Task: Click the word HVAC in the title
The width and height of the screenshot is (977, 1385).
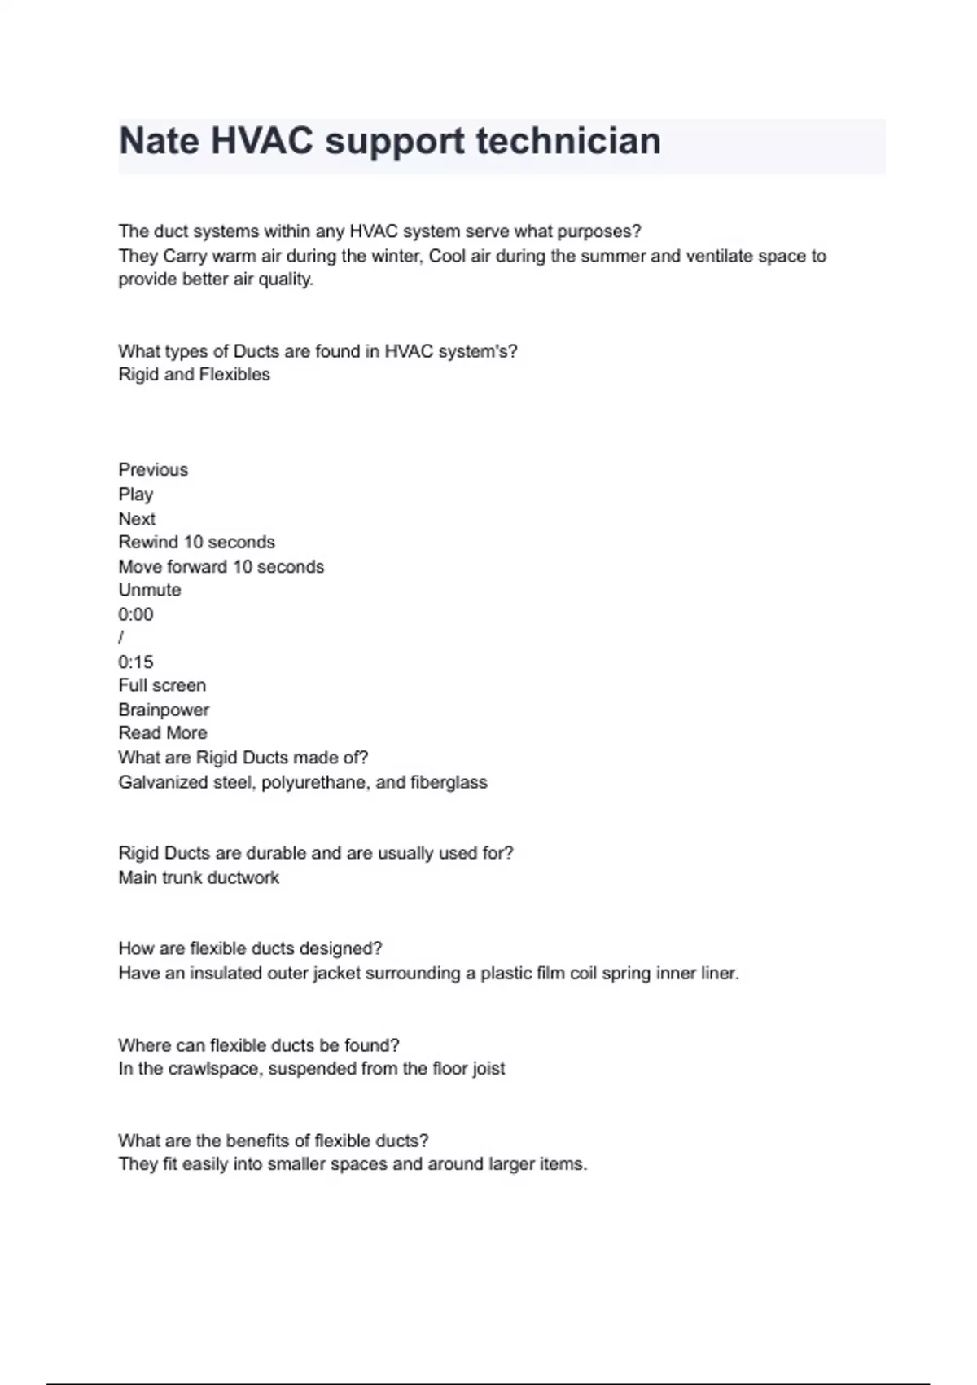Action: pyautogui.click(x=261, y=141)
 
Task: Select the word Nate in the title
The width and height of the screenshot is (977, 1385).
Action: pyautogui.click(x=159, y=141)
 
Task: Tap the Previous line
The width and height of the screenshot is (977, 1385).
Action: pyautogui.click(x=153, y=470)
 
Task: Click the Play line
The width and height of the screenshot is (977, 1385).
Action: pyautogui.click(x=135, y=495)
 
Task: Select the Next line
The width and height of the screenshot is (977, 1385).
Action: pyautogui.click(x=137, y=519)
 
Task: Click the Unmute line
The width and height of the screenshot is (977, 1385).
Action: pyautogui.click(x=150, y=590)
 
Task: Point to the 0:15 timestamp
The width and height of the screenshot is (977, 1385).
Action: pyautogui.click(x=135, y=662)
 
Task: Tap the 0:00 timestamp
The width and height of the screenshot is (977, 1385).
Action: pyautogui.click(x=135, y=614)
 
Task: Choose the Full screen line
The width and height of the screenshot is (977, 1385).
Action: pyautogui.click(x=162, y=685)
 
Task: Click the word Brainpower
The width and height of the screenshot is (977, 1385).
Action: pyautogui.click(x=164, y=710)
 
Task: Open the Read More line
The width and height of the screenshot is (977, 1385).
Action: pyautogui.click(x=163, y=733)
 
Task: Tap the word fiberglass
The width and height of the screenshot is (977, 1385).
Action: pyautogui.click(x=449, y=783)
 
